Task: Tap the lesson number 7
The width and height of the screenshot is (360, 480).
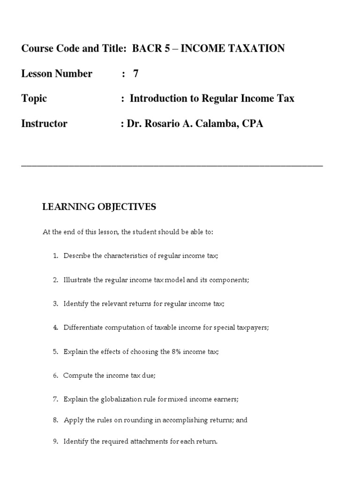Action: pos(136,74)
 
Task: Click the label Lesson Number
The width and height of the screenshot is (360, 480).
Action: pos(57,74)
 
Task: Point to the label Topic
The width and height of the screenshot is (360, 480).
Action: pos(34,98)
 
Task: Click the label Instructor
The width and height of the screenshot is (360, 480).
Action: pos(45,124)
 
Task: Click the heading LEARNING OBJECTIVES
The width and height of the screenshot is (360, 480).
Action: pos(99,207)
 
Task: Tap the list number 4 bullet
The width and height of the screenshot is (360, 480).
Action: pos(55,328)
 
